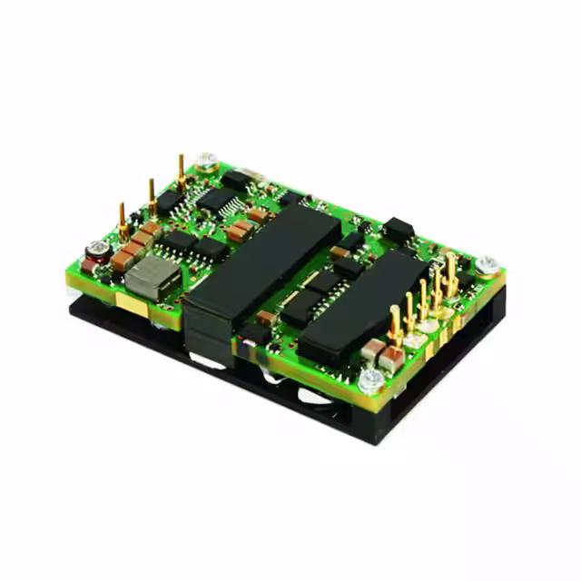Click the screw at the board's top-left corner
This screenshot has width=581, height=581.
point(207,161)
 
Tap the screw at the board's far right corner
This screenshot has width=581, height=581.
point(487,263)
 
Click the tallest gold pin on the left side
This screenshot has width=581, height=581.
point(182,172)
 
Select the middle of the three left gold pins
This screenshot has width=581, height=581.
point(152,195)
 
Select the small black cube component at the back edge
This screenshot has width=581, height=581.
point(398,230)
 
